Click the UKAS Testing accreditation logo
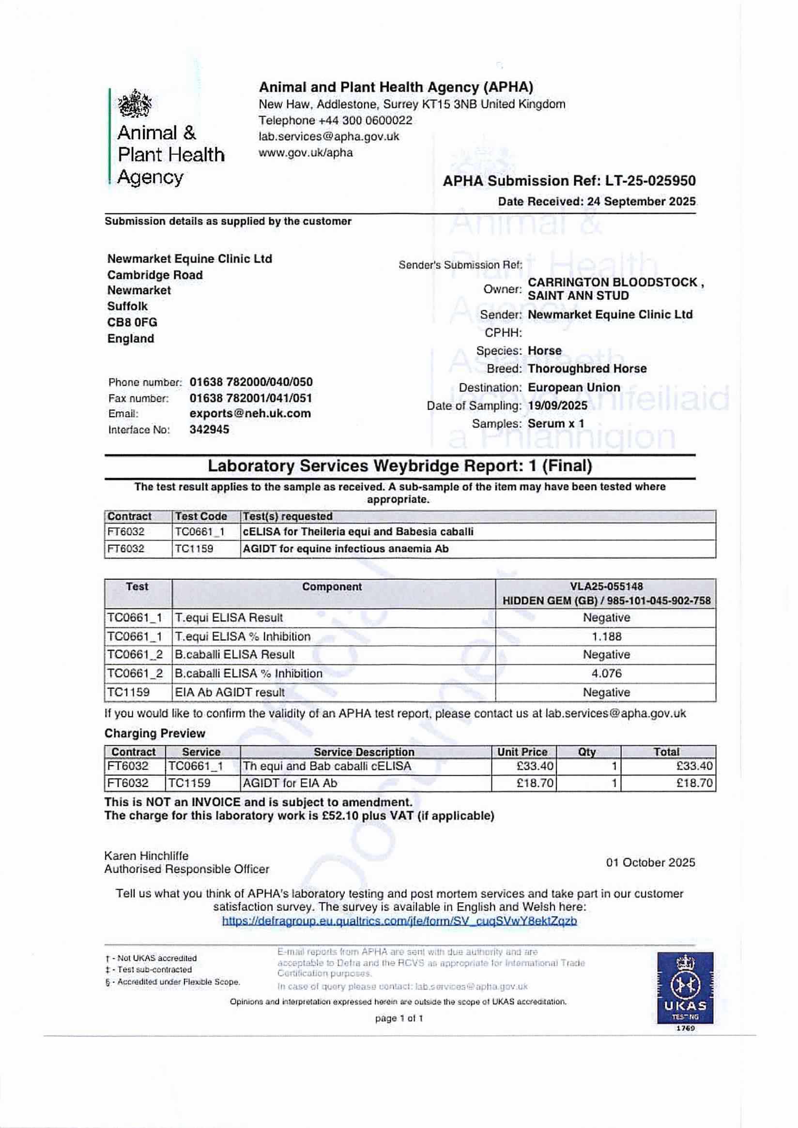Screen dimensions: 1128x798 click(685, 988)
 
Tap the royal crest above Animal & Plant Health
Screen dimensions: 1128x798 click(134, 104)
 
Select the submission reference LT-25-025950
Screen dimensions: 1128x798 click(650, 181)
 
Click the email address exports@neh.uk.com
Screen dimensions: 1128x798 click(250, 413)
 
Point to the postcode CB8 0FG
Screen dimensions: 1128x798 click(132, 322)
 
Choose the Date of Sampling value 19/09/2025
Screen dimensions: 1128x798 click(557, 406)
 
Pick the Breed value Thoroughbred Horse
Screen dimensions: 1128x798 click(587, 368)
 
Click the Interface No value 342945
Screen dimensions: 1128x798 click(209, 429)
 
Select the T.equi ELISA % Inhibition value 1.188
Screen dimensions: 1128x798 click(606, 636)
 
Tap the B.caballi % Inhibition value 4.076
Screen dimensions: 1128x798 click(606, 673)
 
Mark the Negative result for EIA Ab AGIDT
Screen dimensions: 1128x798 click(606, 692)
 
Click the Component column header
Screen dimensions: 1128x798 click(332, 587)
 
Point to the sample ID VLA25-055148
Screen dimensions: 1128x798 click(606, 586)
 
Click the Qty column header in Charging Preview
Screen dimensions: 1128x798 click(586, 752)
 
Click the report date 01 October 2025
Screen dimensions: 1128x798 click(650, 862)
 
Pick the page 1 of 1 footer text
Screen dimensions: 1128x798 click(399, 1018)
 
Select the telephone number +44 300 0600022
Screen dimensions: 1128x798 click(365, 120)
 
